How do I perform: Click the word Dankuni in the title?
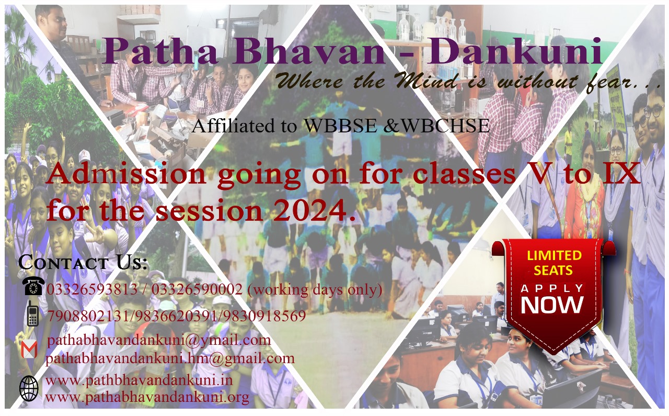[x=514, y=51]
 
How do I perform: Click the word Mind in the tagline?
[x=428, y=81]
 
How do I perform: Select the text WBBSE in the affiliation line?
[x=340, y=125]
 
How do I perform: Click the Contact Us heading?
[x=83, y=262]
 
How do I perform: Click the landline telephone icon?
[x=33, y=286]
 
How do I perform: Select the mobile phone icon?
[x=32, y=313]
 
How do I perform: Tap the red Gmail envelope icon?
[x=29, y=349]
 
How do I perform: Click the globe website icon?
[x=29, y=388]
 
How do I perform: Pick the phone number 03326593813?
[x=93, y=289]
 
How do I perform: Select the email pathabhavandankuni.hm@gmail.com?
[x=170, y=358]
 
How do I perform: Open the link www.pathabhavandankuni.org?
[x=147, y=397]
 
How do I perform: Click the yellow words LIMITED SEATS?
[x=553, y=263]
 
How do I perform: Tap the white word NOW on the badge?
[x=552, y=305]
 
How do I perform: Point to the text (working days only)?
[x=315, y=289]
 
